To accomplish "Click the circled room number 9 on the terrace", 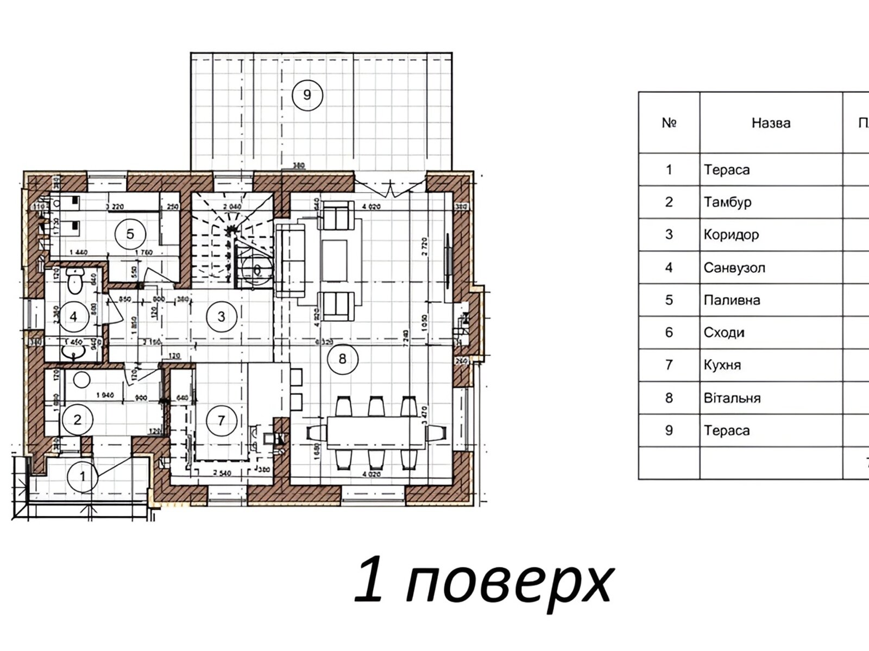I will click(x=307, y=95).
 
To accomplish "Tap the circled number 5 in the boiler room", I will click(x=130, y=234).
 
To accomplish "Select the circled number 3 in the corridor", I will click(x=221, y=316).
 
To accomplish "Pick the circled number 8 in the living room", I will click(x=342, y=359).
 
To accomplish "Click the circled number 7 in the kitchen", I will click(x=221, y=420).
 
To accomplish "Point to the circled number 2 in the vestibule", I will click(x=78, y=419).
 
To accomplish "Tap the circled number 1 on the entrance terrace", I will click(x=83, y=476).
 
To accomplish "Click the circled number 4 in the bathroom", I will click(x=74, y=316).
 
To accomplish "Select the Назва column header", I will click(x=771, y=123).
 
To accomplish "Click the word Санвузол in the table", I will click(x=734, y=267).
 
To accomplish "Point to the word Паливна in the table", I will click(x=732, y=300).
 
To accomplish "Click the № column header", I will click(x=669, y=123).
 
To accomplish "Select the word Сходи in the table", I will click(x=724, y=333).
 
